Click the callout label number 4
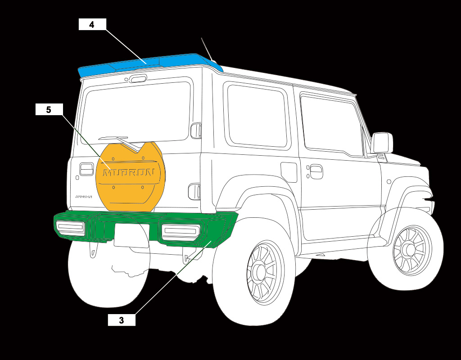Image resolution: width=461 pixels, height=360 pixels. coord(92,24)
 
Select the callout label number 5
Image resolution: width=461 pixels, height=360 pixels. coord(49,109)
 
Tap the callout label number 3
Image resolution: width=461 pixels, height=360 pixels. coord(122,320)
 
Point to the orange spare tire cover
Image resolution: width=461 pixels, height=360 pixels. coord(131,189)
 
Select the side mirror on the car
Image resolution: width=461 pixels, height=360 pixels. coord(382,143)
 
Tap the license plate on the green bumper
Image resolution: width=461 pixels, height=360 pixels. coord(131,235)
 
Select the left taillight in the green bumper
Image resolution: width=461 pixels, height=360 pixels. coord(70,228)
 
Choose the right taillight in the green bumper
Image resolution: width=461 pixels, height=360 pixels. coord(181,231)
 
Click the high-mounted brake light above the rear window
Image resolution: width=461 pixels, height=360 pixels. coord(138,79)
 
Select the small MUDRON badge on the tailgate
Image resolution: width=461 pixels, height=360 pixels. coord(83,197)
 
